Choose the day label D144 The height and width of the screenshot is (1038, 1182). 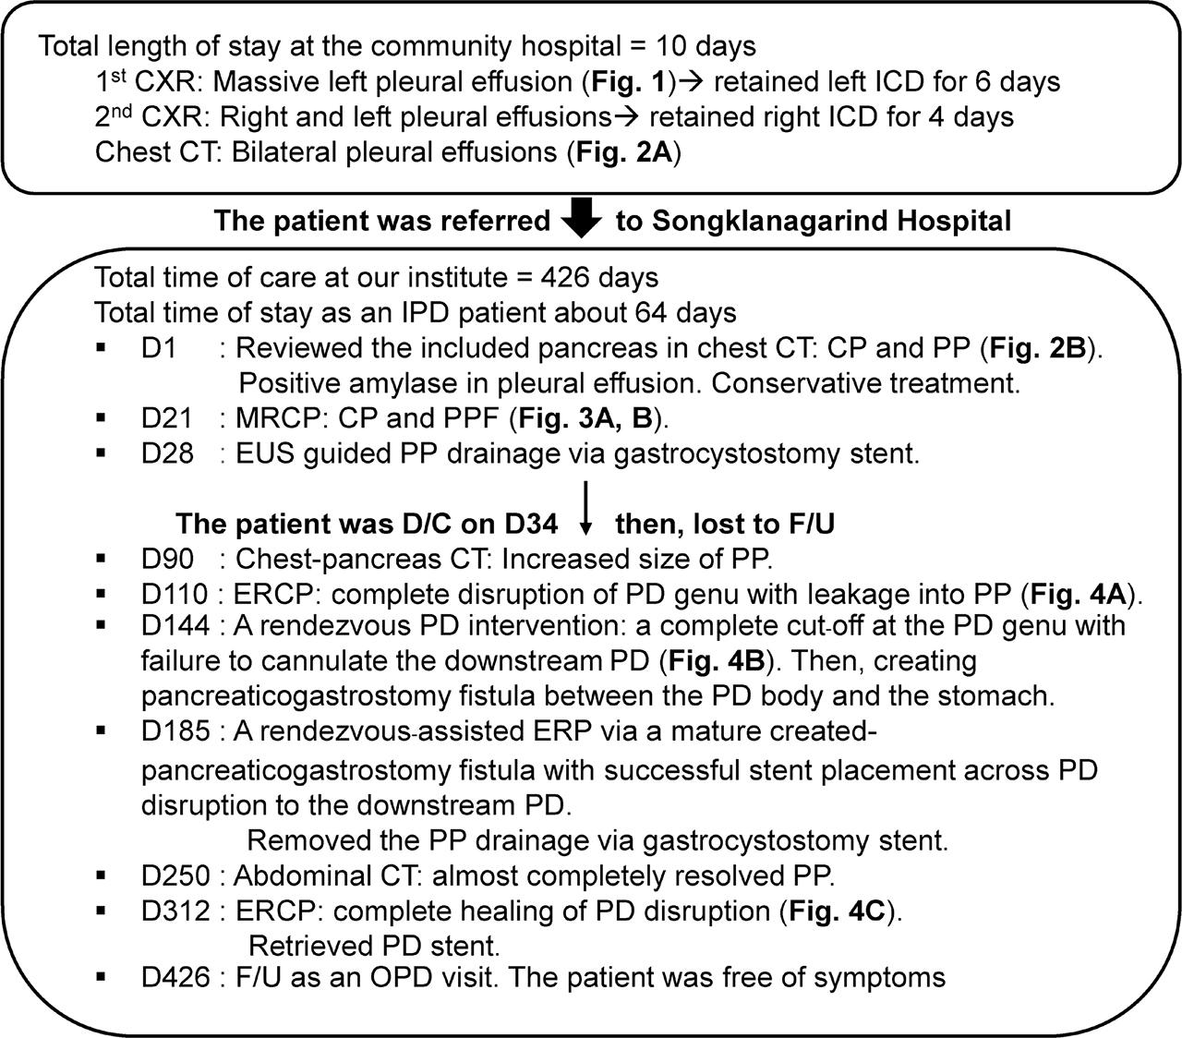[x=175, y=627]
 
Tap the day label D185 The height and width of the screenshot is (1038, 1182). [x=175, y=732]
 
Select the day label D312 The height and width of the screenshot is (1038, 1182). [x=175, y=911]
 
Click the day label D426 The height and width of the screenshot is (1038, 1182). [x=175, y=977]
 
